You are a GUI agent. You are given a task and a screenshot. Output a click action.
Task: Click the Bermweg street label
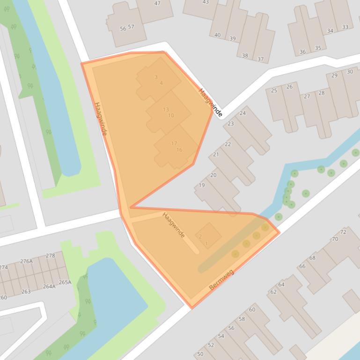pos(221,280)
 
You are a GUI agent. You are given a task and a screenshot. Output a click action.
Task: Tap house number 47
pos(157,3)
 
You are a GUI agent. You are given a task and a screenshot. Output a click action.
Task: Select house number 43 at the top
pos(206,2)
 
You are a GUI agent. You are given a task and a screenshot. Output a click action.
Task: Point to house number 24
pos(242,113)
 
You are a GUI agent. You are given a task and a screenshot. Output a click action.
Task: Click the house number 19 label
pos(202,185)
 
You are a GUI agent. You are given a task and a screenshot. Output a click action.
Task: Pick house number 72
pos(343,232)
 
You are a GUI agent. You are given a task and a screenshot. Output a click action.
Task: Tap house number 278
pos(50,256)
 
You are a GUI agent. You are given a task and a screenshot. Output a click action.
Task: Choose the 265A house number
pos(65,282)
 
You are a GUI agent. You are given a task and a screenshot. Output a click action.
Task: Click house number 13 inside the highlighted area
pos(166,109)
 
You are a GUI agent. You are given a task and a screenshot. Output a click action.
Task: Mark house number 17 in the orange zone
pos(174,144)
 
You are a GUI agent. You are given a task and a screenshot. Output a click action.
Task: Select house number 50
pos(200,354)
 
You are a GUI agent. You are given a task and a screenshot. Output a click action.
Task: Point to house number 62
pos(273,292)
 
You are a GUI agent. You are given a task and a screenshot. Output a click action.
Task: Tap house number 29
pos(334,76)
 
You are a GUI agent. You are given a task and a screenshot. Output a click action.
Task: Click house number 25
pos(274,90)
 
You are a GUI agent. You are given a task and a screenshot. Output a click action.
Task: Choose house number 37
pos(261,59)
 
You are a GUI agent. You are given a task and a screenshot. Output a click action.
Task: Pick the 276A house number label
pos(26,261)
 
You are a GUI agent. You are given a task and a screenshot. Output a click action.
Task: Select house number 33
pos(345,27)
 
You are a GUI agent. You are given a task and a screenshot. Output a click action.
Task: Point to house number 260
pos(3,297)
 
